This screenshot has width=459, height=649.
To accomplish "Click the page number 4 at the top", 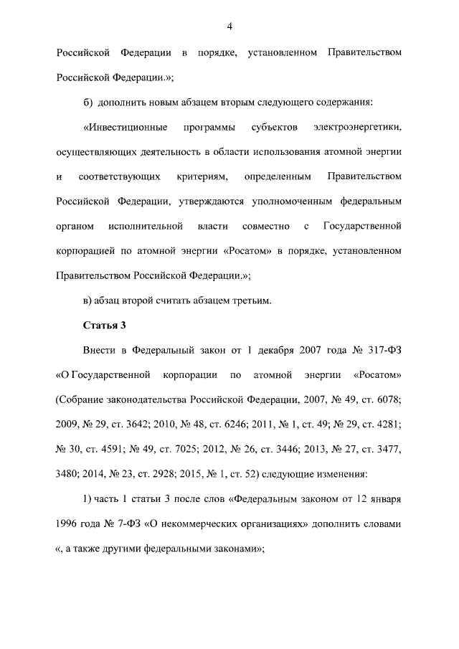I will pyautogui.click(x=229, y=27).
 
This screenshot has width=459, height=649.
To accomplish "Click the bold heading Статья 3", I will pyautogui.click(x=105, y=325).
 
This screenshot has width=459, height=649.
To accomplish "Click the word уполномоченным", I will pyautogui.click(x=299, y=201).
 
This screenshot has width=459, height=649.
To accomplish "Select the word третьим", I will pyautogui.click(x=252, y=300).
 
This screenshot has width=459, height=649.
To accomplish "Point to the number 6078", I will pyautogui.click(x=387, y=399).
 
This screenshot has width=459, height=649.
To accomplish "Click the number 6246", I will pyautogui.click(x=254, y=424).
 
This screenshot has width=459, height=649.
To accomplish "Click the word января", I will pyautogui.click(x=384, y=498).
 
